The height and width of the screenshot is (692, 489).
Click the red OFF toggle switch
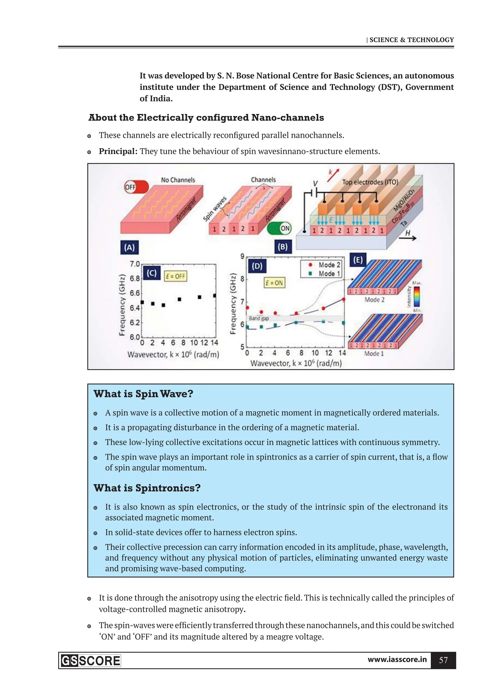[136, 187]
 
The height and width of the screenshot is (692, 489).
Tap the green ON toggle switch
[279, 228]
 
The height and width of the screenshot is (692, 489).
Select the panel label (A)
[129, 247]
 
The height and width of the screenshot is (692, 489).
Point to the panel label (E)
[358, 260]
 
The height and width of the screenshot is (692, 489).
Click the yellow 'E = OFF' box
[176, 276]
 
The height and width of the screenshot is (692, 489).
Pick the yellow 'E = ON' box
[274, 283]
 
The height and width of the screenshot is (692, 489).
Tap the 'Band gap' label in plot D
[259, 318]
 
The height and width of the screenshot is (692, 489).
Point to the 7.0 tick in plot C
[135, 264]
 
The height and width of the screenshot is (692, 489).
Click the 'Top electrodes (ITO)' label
[370, 182]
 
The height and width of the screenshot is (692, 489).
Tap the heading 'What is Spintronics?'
[147, 488]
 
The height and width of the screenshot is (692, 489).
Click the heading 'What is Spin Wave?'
[143, 394]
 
